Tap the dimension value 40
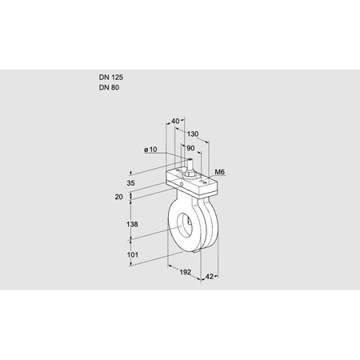coord(176,122)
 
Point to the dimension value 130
coord(193,134)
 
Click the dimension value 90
coord(190,148)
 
